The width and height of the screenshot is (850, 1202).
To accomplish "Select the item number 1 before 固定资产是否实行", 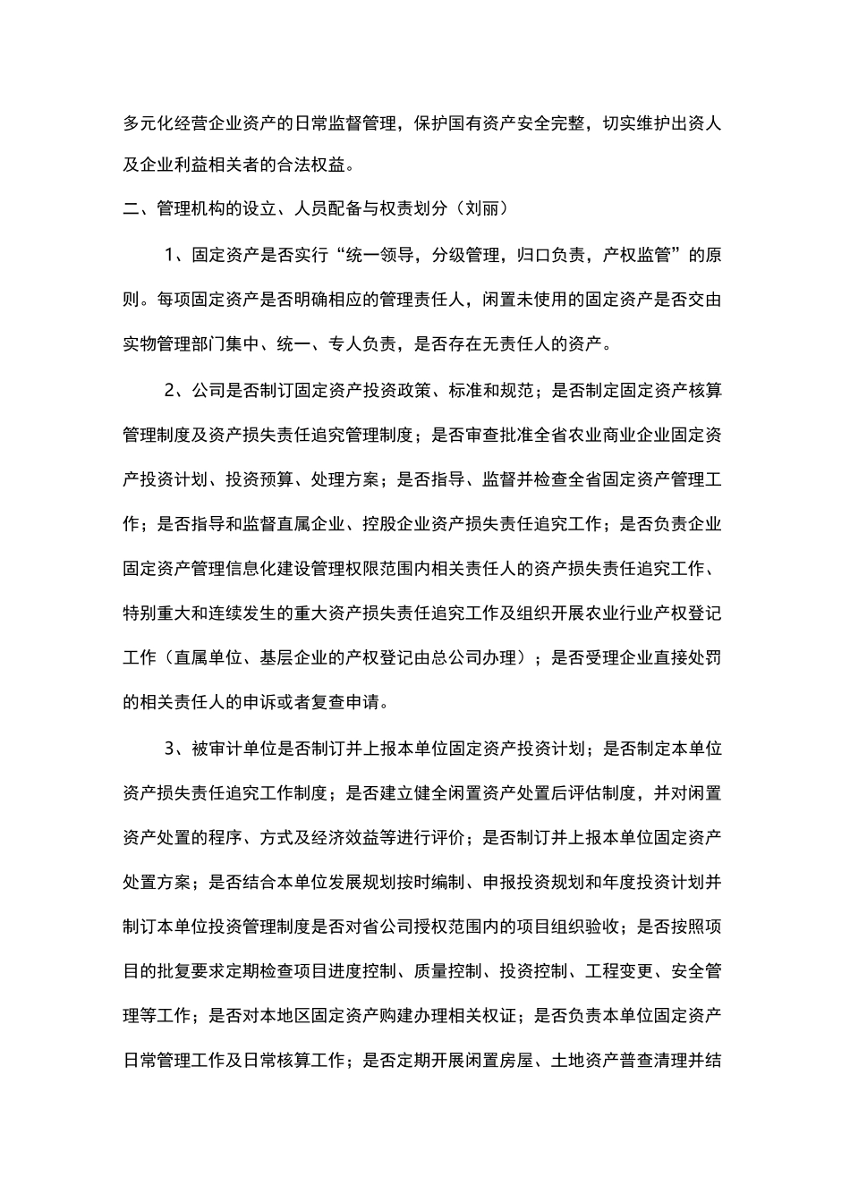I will coord(170,255).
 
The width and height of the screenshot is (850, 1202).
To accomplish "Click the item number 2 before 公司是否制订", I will coord(170,390).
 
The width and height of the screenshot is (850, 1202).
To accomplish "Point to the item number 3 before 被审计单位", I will coord(170,748).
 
